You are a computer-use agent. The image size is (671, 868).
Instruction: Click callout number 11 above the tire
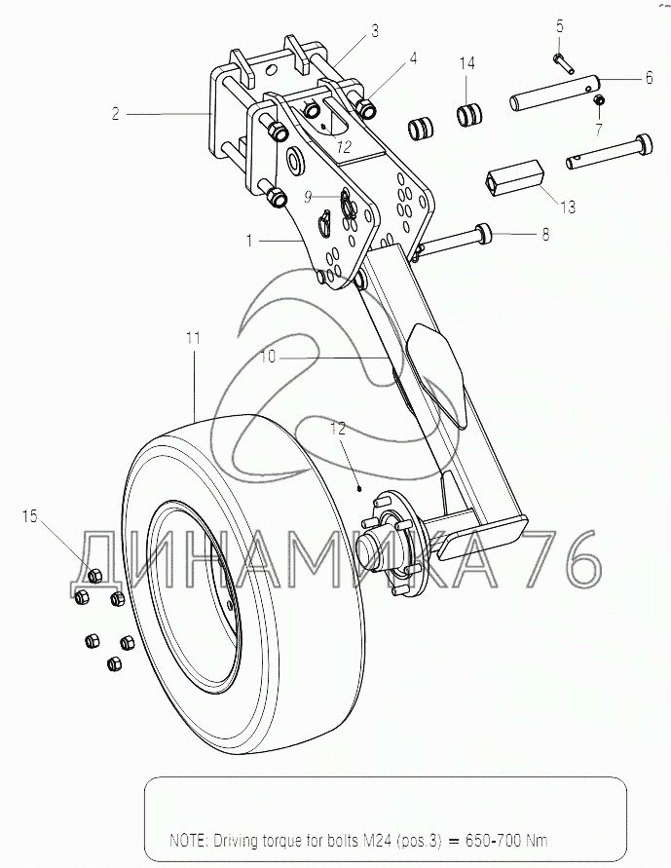coord(193,338)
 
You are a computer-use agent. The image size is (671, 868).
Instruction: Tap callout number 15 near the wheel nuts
coord(30,516)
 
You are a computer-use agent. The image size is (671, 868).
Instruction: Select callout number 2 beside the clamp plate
coord(115,114)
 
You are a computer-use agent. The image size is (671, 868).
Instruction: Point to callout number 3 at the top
coord(375,31)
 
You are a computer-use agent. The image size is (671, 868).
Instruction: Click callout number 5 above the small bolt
coord(560,26)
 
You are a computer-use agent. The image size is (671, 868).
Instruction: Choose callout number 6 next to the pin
coord(649,78)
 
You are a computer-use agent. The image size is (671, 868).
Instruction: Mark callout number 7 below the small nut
coord(599,131)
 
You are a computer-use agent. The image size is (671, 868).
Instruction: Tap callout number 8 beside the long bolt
coord(546,234)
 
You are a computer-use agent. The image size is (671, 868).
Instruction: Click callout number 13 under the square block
coord(568,208)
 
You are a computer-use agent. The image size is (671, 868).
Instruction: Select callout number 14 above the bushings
coord(466,63)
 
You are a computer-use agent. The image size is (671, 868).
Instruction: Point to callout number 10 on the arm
coord(267,358)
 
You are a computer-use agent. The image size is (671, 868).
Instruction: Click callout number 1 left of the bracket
coord(249,241)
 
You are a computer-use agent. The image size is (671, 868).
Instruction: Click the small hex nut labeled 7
coord(598,100)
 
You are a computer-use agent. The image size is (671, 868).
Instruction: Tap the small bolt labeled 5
coord(563,62)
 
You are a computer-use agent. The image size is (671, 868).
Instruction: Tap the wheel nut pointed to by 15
coord(95,576)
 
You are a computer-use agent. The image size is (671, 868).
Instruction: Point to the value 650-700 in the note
coord(494,841)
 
